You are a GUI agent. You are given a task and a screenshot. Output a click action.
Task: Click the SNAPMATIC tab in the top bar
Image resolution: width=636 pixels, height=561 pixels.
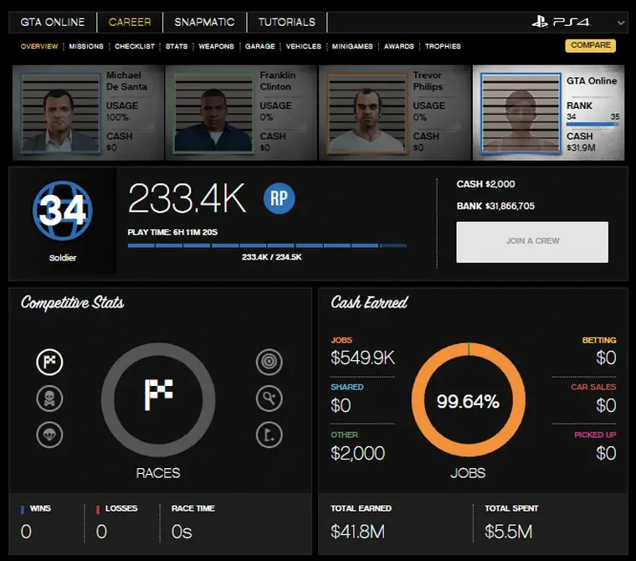pos(204,22)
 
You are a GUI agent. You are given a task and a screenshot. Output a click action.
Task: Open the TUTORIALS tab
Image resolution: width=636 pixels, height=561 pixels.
pos(286,22)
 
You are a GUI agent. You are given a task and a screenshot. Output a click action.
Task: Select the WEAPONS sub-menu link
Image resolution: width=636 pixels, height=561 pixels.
pos(216,47)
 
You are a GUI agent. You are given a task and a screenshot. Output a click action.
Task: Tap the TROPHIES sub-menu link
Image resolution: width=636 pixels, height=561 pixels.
pos(443,47)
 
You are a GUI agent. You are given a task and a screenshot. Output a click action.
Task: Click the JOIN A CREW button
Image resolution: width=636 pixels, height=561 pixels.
pos(532,241)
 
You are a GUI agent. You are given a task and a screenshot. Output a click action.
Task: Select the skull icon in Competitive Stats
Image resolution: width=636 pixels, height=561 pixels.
pos(49,399)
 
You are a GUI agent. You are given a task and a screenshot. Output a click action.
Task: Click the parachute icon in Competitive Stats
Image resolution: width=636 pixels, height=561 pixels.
pos(49,435)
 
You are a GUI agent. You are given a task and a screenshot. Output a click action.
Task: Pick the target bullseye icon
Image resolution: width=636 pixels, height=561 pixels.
pos(269,363)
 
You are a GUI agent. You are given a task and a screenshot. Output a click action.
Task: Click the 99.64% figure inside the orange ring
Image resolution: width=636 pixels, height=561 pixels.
pos(468,402)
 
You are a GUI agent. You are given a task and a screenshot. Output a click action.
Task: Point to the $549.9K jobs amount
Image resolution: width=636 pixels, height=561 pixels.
pos(363,359)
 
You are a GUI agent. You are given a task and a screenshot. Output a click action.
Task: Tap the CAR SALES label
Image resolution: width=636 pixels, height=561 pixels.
pos(593,388)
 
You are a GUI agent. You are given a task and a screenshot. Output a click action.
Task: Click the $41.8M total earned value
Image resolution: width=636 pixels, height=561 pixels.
pos(357,531)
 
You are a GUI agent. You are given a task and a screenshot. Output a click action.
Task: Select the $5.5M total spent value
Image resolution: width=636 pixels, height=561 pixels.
pos(509,531)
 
